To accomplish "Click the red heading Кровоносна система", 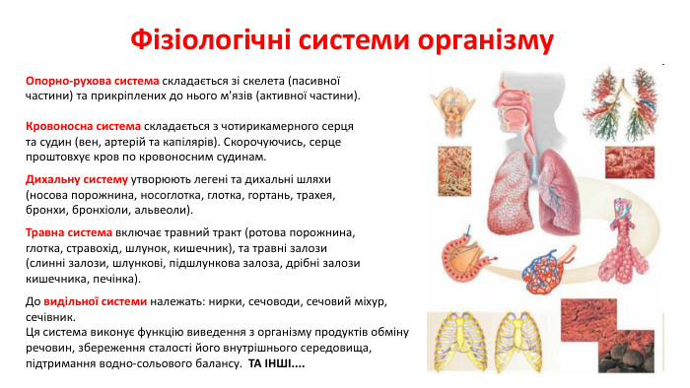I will (84, 127).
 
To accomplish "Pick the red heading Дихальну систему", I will (77, 180).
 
